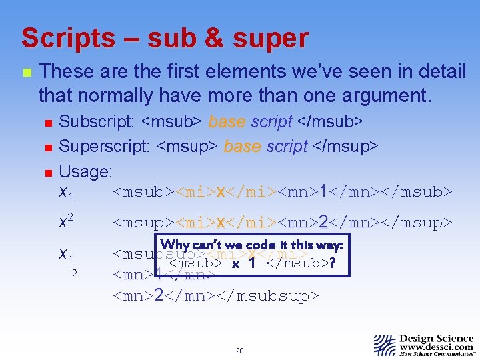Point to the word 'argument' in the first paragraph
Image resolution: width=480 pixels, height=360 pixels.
pyautogui.click(x=376, y=95)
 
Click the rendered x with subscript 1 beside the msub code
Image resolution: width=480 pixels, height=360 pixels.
pyautogui.click(x=65, y=193)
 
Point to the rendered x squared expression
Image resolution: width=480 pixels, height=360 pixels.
pyautogui.click(x=65, y=221)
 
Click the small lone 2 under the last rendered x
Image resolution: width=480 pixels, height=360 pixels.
pyautogui.click(x=75, y=274)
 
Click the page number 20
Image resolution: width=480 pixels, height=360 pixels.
pyautogui.click(x=240, y=351)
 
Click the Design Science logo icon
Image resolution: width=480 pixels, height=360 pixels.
pyautogui.click(x=385, y=345)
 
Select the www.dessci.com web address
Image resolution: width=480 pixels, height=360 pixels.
pyautogui.click(x=437, y=347)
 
